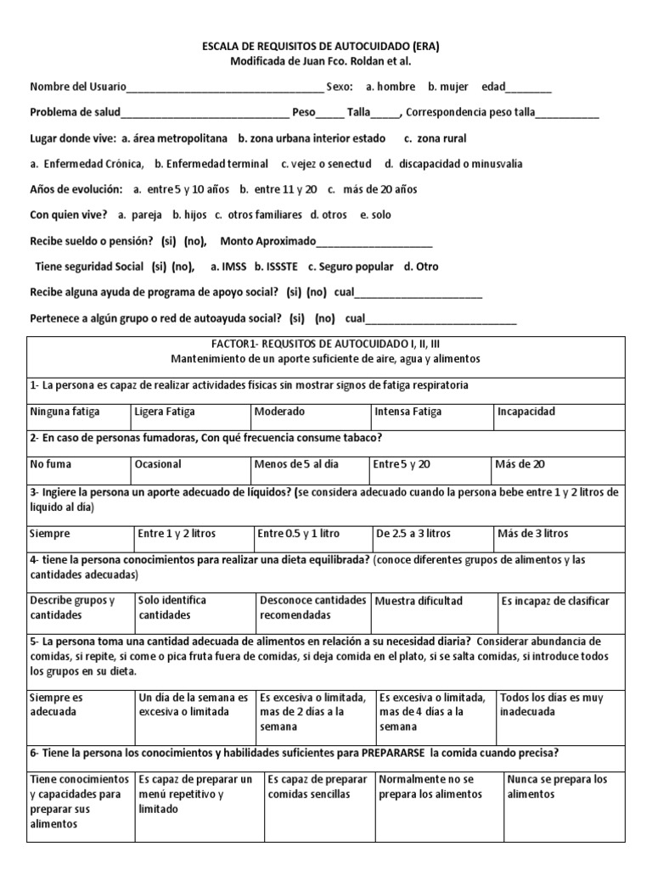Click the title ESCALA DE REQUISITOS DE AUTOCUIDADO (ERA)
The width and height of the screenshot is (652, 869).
coord(325,47)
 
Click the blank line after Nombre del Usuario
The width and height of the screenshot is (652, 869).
coord(225,88)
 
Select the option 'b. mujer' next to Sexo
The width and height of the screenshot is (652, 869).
coord(449,87)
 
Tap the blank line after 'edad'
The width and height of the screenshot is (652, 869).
coord(530,88)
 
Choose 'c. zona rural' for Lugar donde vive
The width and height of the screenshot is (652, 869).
coord(435,138)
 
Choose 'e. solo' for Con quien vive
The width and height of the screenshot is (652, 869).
coord(375,215)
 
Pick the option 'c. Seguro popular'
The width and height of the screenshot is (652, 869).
coord(351,266)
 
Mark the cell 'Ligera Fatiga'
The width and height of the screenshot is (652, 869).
coord(165,412)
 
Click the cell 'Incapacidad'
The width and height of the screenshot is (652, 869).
coord(526,412)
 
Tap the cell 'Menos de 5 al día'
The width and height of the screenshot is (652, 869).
coord(296,464)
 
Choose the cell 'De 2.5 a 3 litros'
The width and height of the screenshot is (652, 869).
coord(413,534)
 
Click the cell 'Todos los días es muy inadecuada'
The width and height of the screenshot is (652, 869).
coord(552,704)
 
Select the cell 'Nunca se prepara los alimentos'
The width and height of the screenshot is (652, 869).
coord(557,787)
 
